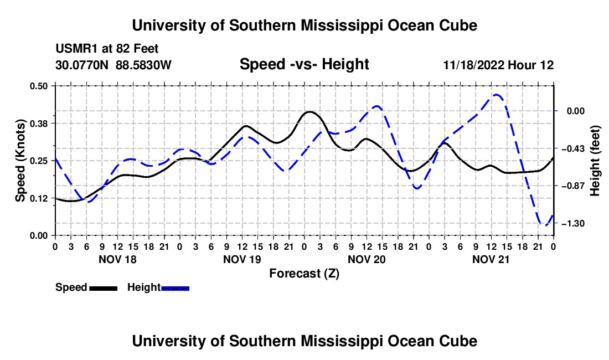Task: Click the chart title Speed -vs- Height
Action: click(x=304, y=64)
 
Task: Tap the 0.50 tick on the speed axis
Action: click(x=38, y=86)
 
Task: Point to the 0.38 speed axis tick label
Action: click(x=38, y=124)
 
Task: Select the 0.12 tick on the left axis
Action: click(x=38, y=198)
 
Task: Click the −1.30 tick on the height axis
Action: click(x=572, y=223)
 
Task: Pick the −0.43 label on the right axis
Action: click(x=572, y=148)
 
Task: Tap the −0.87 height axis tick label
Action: click(x=572, y=186)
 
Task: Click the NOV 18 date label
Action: click(x=118, y=259)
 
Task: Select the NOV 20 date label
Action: click(x=367, y=259)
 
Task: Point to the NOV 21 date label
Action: click(x=491, y=259)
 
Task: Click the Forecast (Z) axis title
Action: click(x=304, y=274)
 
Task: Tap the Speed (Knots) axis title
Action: click(x=20, y=161)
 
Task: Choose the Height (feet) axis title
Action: click(x=595, y=161)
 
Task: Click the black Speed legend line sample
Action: click(x=104, y=288)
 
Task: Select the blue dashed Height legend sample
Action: click(x=175, y=288)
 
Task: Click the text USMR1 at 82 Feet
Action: click(x=107, y=49)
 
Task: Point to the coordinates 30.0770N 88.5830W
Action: click(x=113, y=65)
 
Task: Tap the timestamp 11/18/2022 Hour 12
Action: click(x=498, y=65)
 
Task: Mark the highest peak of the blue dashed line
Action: click(x=496, y=94)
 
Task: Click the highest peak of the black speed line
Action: click(x=309, y=112)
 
